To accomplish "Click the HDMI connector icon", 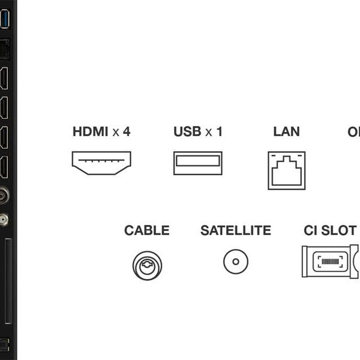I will coord(101,163).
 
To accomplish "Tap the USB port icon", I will coord(197,163).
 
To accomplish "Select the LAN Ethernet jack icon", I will coord(286,170).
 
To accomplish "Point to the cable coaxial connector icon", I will coord(147,265).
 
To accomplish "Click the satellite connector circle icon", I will coord(236,262).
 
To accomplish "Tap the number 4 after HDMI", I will coord(126,131).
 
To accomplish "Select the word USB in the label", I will coord(187,131).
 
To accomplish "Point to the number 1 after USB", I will coord(219,131).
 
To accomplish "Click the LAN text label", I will coord(286,131).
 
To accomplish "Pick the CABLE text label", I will coord(147,230).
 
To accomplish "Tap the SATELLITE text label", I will coord(236,230).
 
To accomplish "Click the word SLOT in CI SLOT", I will coord(338,230).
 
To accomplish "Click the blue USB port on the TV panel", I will coord(5,20).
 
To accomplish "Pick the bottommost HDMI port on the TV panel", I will coord(4,167).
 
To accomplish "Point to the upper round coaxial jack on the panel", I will coord(4,196).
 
